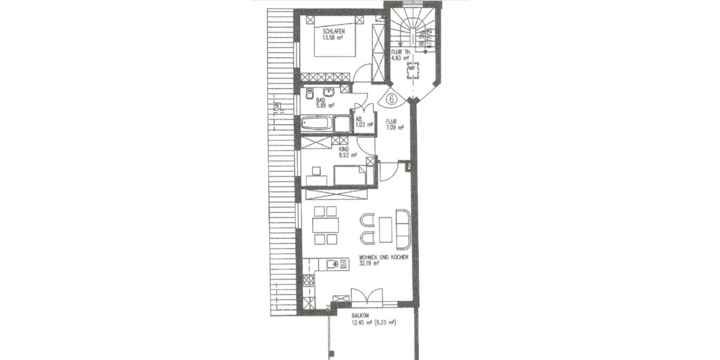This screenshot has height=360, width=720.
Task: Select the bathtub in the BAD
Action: [x=316, y=124]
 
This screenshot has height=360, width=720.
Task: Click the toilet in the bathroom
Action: [x=308, y=94]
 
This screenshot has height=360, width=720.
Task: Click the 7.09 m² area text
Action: [x=395, y=127]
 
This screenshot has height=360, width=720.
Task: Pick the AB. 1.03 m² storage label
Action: [x=361, y=121]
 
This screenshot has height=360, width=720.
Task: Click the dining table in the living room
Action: [x=325, y=226]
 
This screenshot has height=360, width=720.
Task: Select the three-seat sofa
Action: [x=403, y=229]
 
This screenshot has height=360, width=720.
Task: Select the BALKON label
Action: [x=361, y=315]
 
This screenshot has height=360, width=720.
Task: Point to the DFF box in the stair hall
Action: [x=412, y=68]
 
